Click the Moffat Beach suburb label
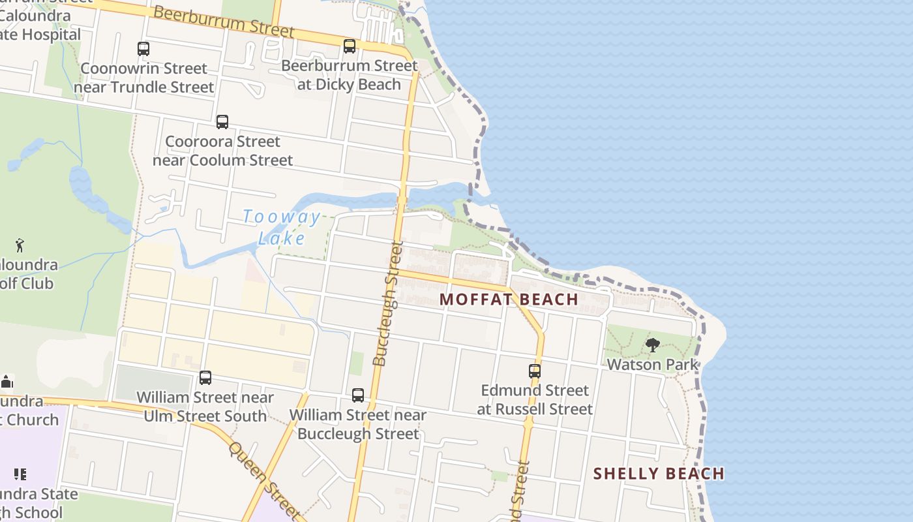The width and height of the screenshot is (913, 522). click(x=509, y=299)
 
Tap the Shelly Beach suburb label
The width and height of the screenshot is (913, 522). click(x=659, y=474)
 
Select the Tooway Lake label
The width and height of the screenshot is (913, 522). click(x=282, y=227)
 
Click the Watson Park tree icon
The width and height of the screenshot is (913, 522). click(x=652, y=345)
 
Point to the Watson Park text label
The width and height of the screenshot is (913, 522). click(x=652, y=364)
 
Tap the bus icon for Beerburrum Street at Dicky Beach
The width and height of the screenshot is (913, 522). click(x=350, y=46)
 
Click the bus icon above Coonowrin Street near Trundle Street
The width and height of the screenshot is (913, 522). click(x=143, y=48)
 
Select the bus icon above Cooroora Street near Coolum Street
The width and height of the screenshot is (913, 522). click(x=222, y=121)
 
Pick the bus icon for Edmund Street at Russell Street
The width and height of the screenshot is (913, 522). click(x=535, y=371)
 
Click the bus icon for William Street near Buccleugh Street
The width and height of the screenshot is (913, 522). click(x=358, y=395)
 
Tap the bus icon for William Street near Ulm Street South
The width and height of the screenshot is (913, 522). click(x=205, y=377)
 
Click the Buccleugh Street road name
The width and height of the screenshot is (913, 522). click(x=389, y=303)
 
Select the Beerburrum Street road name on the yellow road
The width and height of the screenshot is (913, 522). click(x=225, y=22)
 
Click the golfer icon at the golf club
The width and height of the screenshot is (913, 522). click(x=20, y=245)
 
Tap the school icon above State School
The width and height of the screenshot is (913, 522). click(x=20, y=474)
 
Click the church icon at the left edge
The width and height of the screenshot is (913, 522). click(x=7, y=381)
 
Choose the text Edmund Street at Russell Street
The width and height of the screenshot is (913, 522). click(x=535, y=399)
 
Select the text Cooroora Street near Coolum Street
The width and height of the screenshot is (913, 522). click(x=222, y=151)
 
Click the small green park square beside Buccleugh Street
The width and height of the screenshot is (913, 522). click(x=356, y=363)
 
